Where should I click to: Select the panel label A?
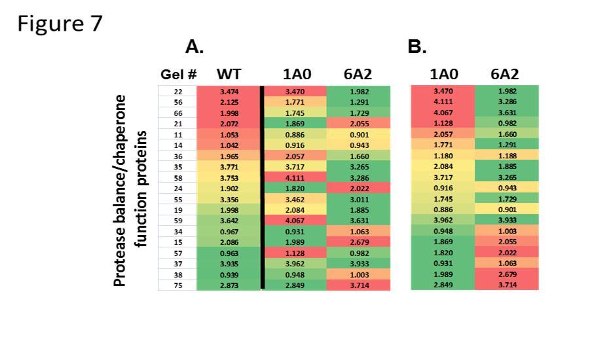(x=195, y=46)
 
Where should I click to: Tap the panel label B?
(x=416, y=46)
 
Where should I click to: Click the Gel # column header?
(x=178, y=74)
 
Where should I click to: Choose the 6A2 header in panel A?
(x=357, y=74)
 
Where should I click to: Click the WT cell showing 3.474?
(x=228, y=92)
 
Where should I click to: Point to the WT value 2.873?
(x=228, y=285)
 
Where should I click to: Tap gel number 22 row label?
(x=177, y=92)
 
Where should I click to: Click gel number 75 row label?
(x=177, y=285)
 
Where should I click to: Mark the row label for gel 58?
(x=177, y=177)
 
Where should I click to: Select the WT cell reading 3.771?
(x=228, y=167)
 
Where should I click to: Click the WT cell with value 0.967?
(x=228, y=231)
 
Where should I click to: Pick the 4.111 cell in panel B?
(x=443, y=102)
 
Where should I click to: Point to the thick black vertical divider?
(x=263, y=187)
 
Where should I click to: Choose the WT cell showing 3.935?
(x=228, y=263)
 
